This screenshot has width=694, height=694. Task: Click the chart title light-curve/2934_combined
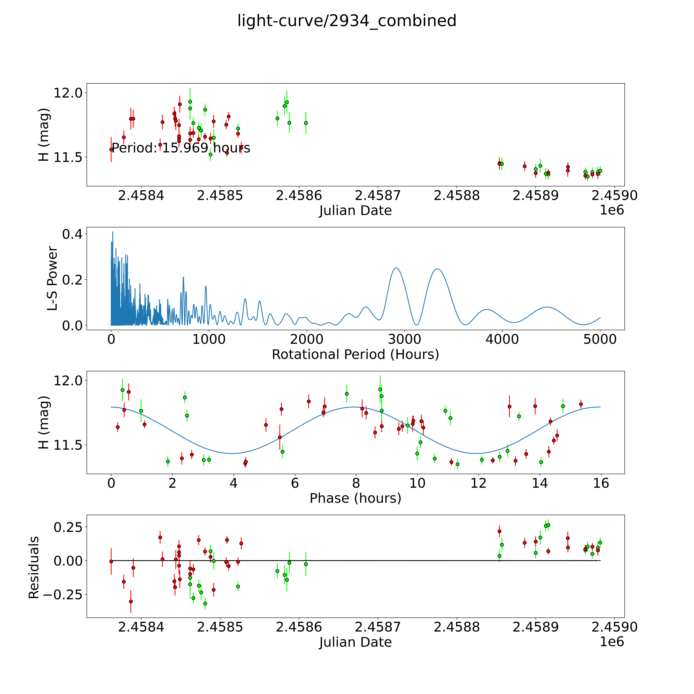click(347, 21)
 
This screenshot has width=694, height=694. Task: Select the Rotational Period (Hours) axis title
click(355, 355)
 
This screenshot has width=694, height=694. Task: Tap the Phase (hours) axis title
click(355, 498)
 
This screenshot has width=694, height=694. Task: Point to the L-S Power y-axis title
click(52, 278)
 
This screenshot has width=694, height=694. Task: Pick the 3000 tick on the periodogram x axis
click(404, 339)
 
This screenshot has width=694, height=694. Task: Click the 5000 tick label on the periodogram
click(600, 339)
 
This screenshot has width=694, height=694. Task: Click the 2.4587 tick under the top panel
click(378, 196)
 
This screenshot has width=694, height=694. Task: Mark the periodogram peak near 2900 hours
click(396, 268)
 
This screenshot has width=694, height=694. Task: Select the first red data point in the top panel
click(111, 149)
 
